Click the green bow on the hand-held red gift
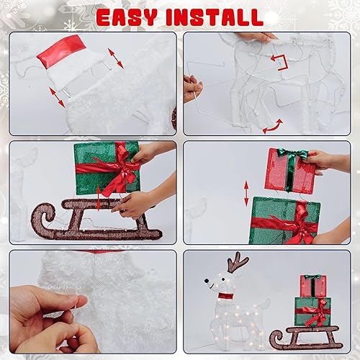(x=294, y=154)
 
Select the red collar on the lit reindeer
(x=228, y=295)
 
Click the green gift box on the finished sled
(x=312, y=311)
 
